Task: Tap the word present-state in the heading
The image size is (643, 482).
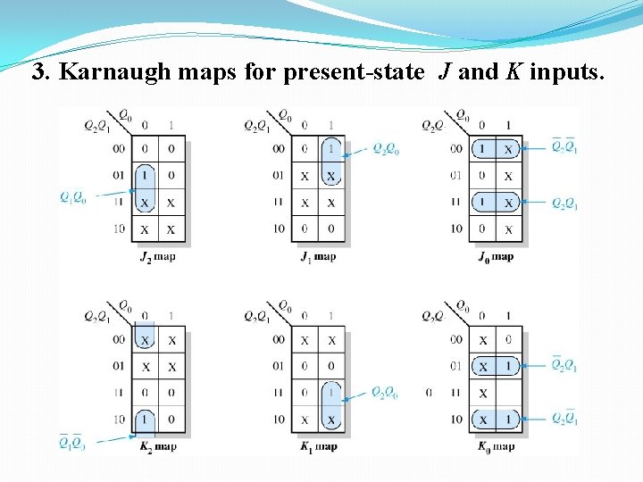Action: (x=353, y=73)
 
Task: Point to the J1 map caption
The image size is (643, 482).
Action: (x=318, y=256)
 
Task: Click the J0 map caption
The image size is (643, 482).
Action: (x=495, y=256)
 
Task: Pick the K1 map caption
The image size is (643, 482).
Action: (x=318, y=446)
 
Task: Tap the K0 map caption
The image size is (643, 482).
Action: (x=495, y=446)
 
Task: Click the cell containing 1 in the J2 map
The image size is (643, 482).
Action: (x=145, y=176)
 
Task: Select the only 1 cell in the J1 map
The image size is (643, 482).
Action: (x=331, y=149)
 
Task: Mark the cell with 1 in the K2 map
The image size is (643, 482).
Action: (x=145, y=420)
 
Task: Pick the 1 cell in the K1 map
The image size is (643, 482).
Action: (x=331, y=393)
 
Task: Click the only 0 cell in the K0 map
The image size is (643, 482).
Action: (x=508, y=339)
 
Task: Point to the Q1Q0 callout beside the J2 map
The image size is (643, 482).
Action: (x=73, y=197)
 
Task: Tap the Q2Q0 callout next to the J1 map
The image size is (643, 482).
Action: (x=385, y=149)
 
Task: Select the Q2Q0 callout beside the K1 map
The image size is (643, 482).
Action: (x=385, y=393)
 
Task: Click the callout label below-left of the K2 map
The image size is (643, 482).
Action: (x=72, y=442)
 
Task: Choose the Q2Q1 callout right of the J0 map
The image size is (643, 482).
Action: (x=564, y=204)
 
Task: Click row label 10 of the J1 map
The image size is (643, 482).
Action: (x=279, y=229)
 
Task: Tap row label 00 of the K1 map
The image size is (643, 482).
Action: (x=279, y=339)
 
